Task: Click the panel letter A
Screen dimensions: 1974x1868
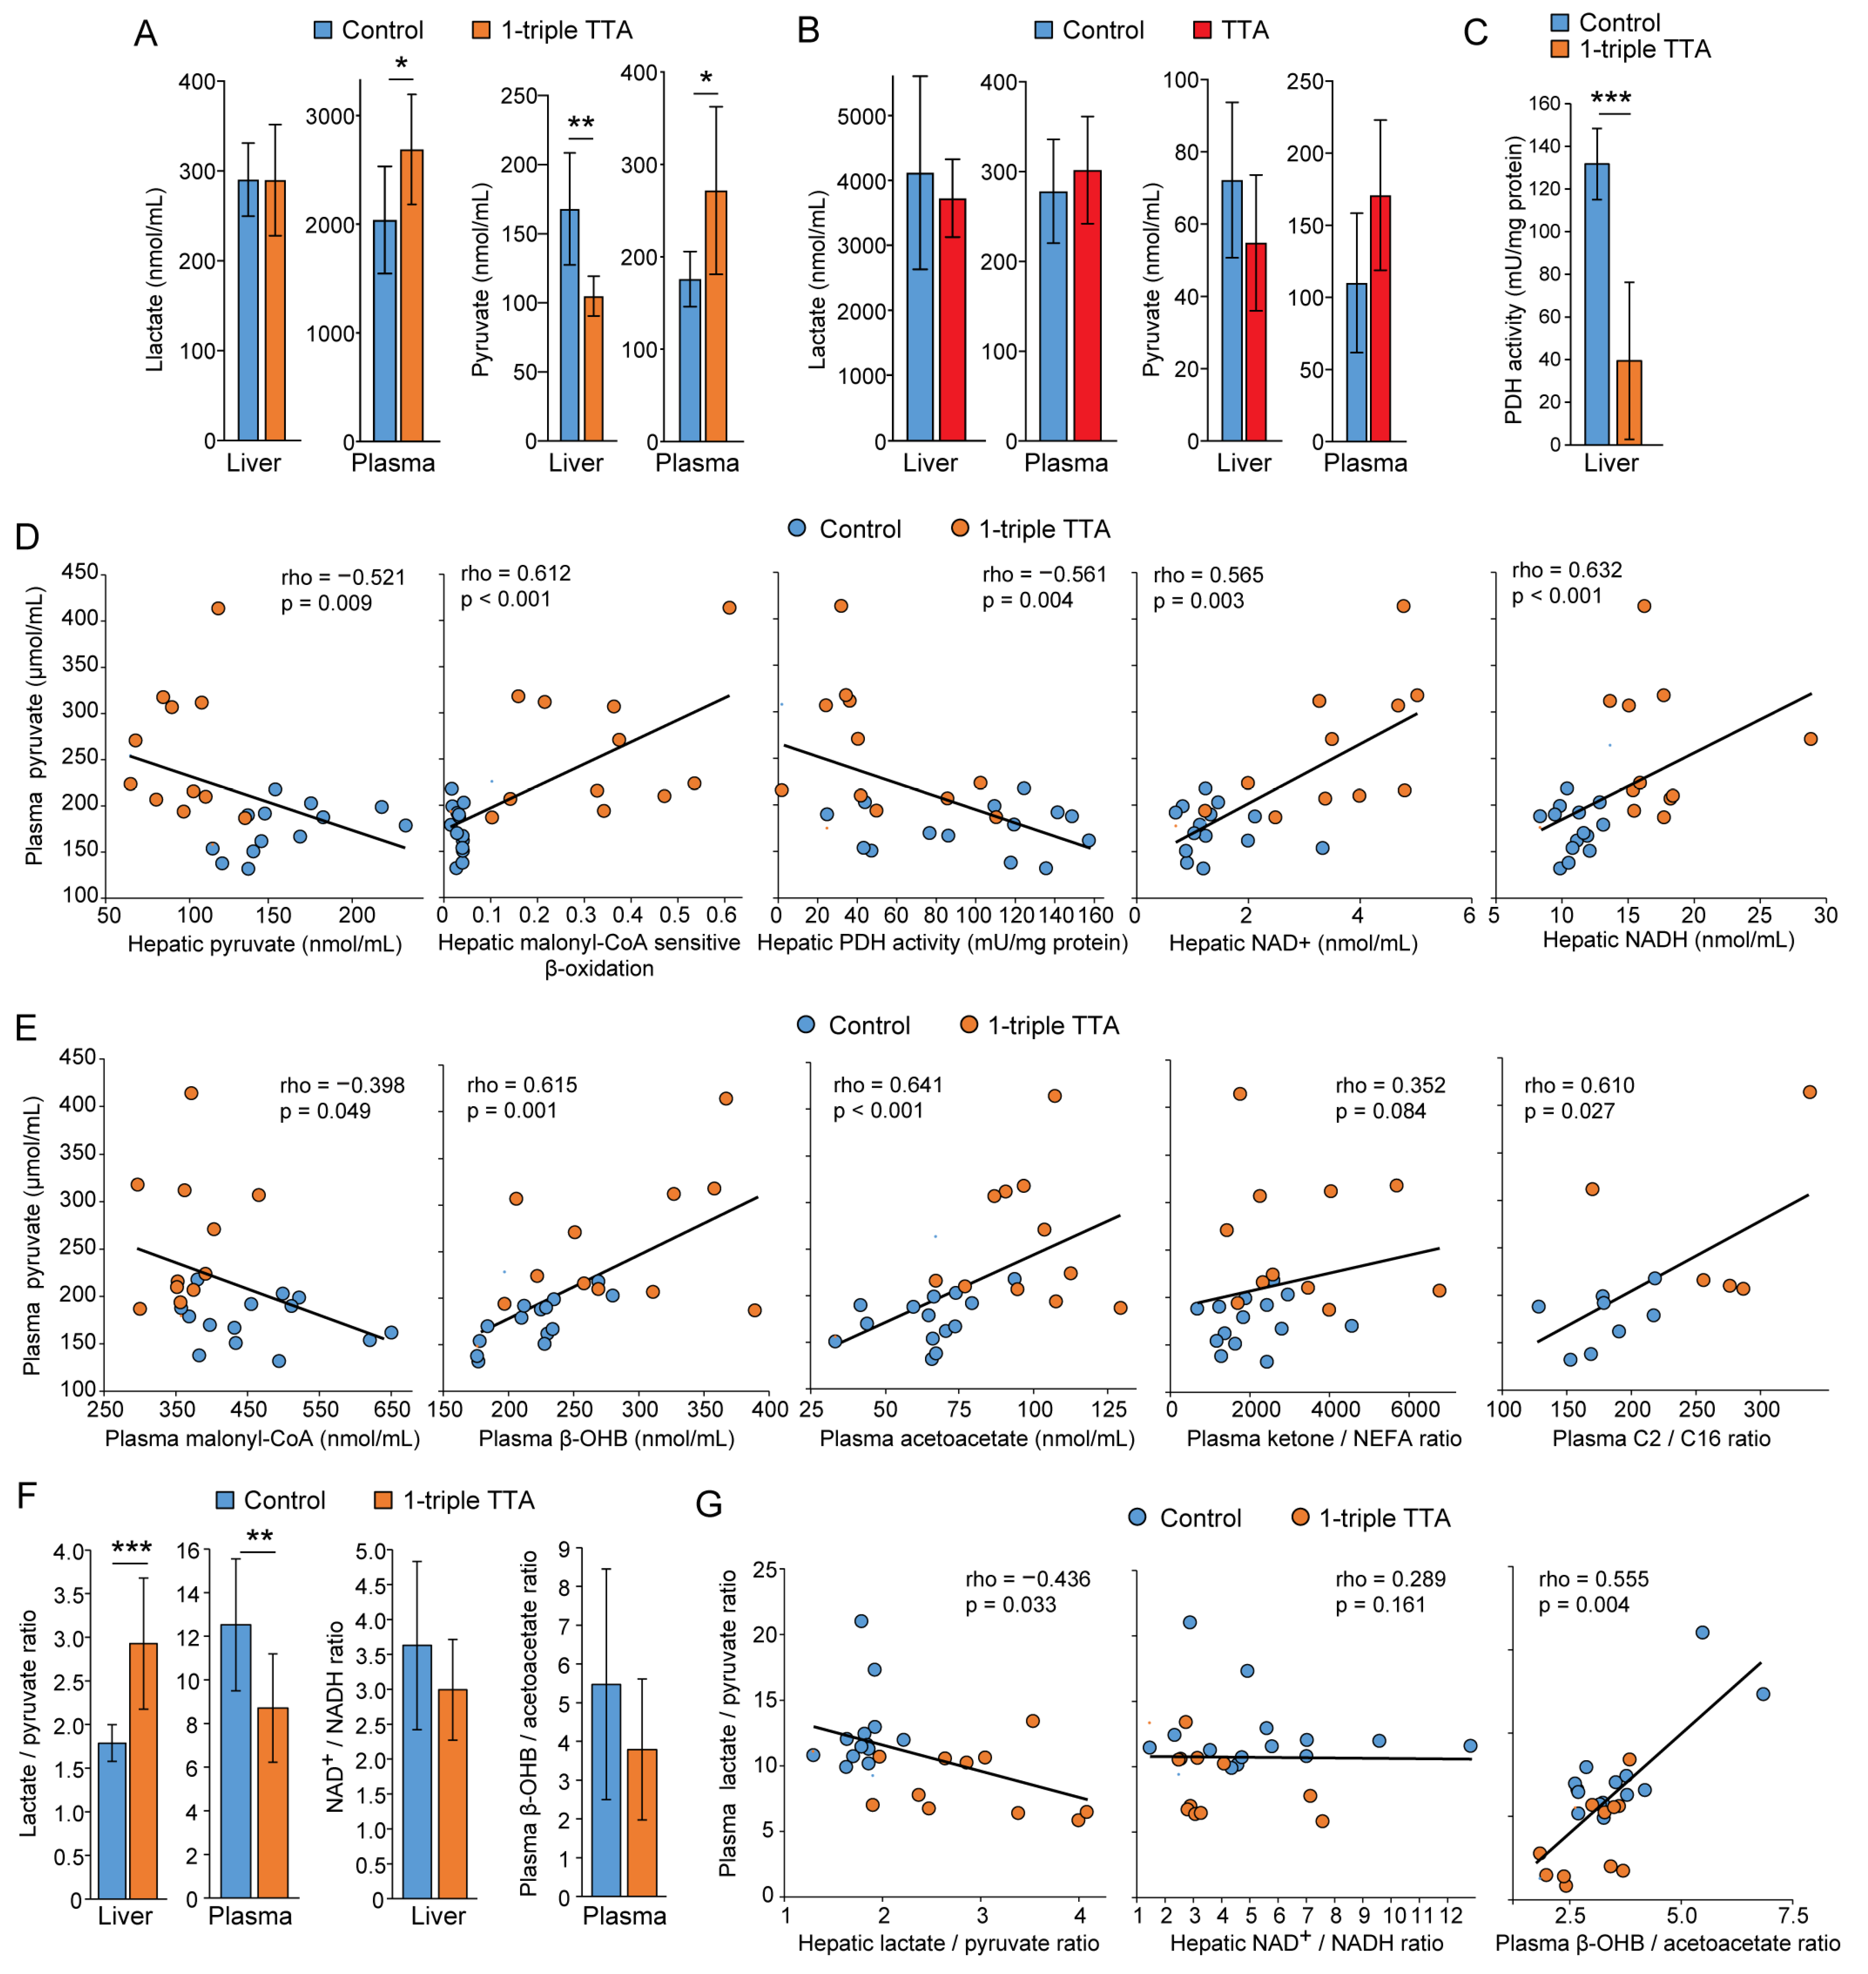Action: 145,34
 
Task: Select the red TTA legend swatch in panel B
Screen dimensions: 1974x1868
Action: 1202,30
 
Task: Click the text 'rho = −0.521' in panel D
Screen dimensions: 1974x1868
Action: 342,578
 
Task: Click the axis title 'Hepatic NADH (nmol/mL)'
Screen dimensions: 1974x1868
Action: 1668,939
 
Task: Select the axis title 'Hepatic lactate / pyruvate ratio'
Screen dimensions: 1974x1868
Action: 948,1942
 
